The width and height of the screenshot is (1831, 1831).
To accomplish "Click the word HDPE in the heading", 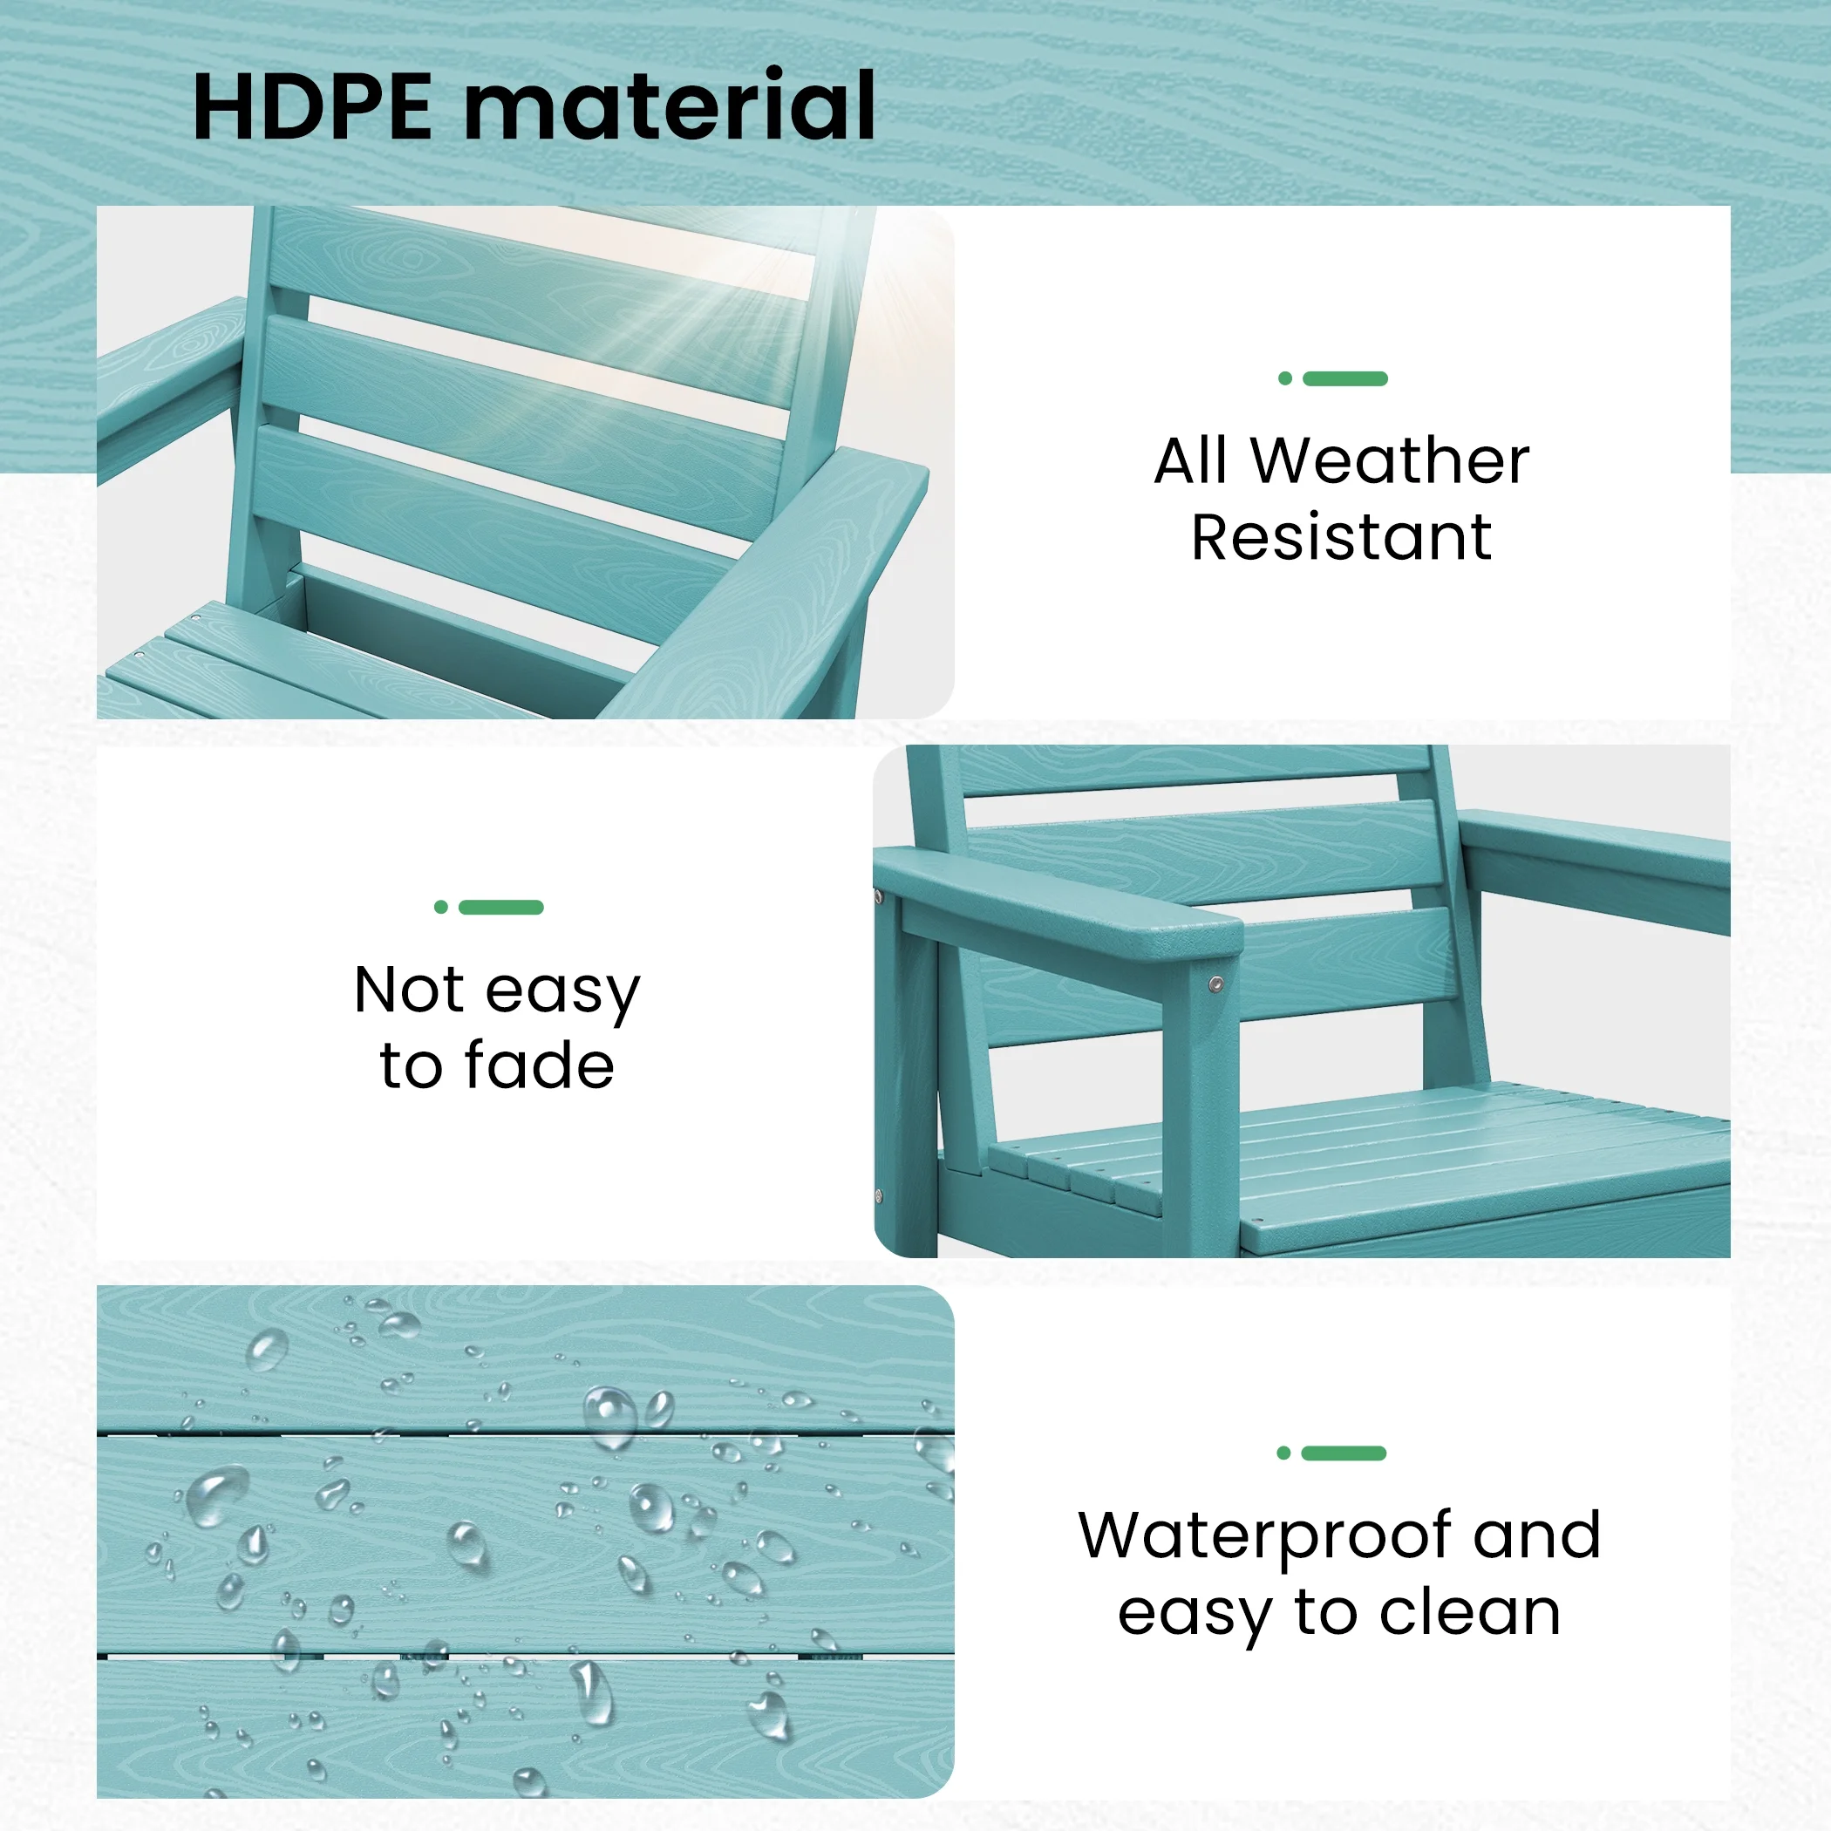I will [x=312, y=106].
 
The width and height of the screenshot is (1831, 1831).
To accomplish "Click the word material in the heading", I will [x=669, y=106].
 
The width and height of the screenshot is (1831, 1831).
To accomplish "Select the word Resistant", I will [x=1341, y=537].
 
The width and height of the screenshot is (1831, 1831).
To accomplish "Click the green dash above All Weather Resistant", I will [x=1344, y=379].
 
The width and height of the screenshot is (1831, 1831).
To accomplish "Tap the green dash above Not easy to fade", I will [x=500, y=907].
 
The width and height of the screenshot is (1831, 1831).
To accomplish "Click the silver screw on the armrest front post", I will [x=1216, y=985].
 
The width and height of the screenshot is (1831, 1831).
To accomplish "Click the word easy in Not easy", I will [x=563, y=992].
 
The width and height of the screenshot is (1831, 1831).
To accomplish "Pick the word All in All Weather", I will [x=1192, y=461].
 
